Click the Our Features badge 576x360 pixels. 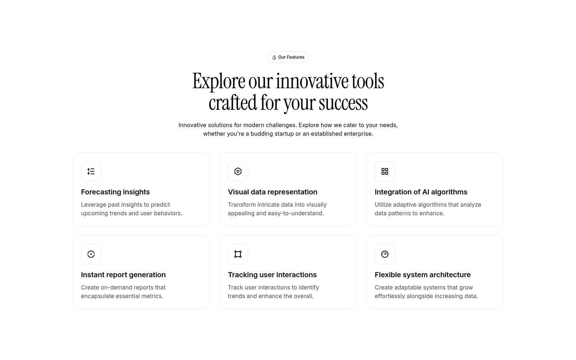288,57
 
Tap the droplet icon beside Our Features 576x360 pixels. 274,57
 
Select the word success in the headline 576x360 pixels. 343,103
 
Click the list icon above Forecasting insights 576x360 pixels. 91,171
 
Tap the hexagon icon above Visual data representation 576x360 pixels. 238,171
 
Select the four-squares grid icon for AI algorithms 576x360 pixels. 385,171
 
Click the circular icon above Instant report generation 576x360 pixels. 91,254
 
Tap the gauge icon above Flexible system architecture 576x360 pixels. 385,254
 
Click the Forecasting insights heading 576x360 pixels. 115,192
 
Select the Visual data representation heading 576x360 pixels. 273,192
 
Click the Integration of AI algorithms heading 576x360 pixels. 421,192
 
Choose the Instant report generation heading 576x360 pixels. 123,275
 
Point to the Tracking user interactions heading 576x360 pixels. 272,275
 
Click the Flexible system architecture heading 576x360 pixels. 423,275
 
